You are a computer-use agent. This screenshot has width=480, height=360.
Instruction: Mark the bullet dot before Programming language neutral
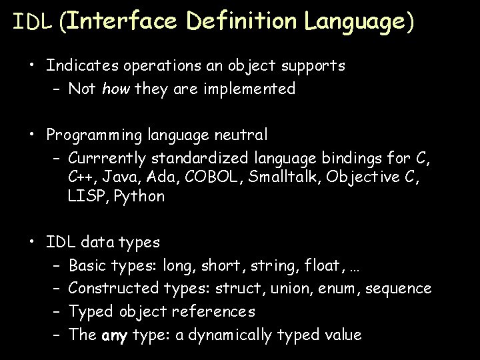coord(31,135)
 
